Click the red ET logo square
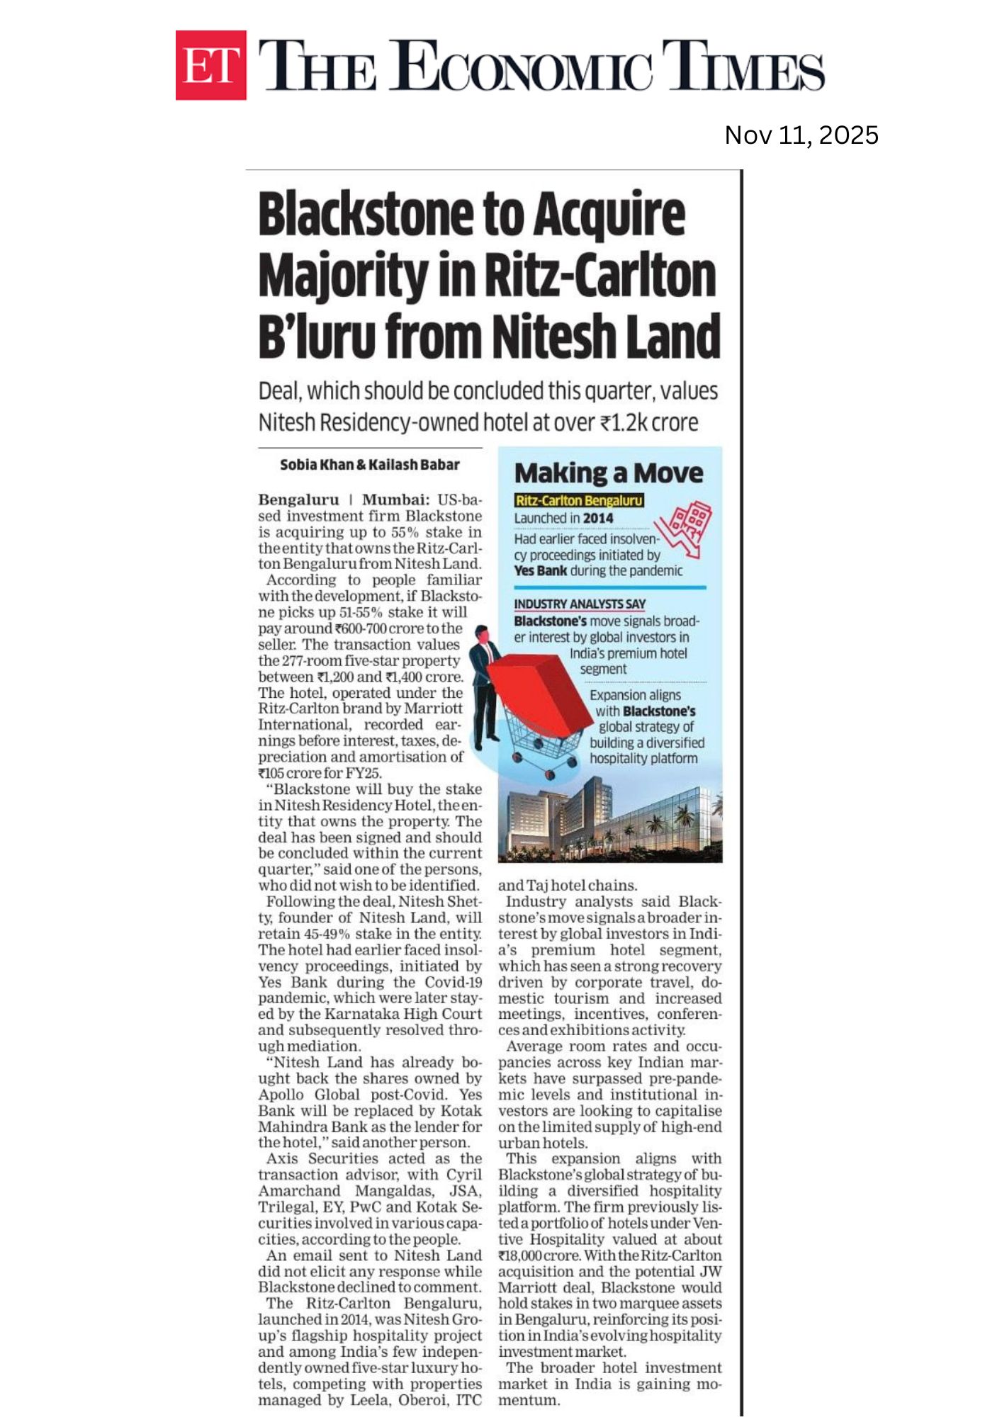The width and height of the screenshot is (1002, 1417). coord(210,65)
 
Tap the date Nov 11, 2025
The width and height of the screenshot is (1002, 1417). coord(801,135)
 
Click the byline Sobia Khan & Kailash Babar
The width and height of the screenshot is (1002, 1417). coord(369,465)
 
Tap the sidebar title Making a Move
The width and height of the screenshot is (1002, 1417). coord(609,473)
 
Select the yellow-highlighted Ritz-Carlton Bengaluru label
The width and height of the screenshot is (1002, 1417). coord(579,501)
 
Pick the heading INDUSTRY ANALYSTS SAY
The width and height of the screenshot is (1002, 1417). coord(579,604)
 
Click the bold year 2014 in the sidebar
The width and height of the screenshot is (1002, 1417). coord(598,518)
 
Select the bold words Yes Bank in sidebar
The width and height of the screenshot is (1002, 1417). coord(540,571)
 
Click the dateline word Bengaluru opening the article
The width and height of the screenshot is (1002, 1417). coord(298,500)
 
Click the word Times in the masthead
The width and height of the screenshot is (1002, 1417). coord(743,65)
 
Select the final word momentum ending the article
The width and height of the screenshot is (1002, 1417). coord(529,1400)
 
